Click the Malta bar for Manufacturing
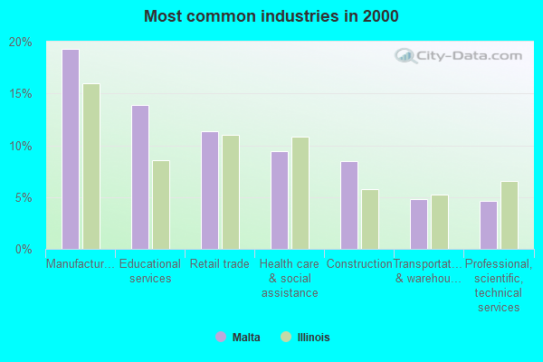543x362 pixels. tap(70, 149)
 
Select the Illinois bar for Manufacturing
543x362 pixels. tap(91, 167)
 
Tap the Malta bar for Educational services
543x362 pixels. tap(139, 177)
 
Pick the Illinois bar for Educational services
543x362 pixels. tap(161, 205)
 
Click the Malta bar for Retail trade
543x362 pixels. tap(209, 190)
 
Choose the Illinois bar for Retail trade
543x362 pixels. tap(231, 192)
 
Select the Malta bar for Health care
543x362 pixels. tap(279, 200)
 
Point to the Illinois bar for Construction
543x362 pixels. tap(370, 219)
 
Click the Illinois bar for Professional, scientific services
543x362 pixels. tap(510, 215)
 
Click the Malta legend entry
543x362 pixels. tap(238, 338)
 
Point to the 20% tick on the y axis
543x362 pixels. tap(20, 43)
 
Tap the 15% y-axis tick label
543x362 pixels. tap(20, 94)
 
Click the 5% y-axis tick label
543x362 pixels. tap(23, 197)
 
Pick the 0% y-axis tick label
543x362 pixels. tap(23, 249)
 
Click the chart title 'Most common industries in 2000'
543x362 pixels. tap(271, 16)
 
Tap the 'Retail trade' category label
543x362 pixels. tap(220, 264)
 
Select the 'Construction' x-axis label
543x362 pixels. tap(359, 264)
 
